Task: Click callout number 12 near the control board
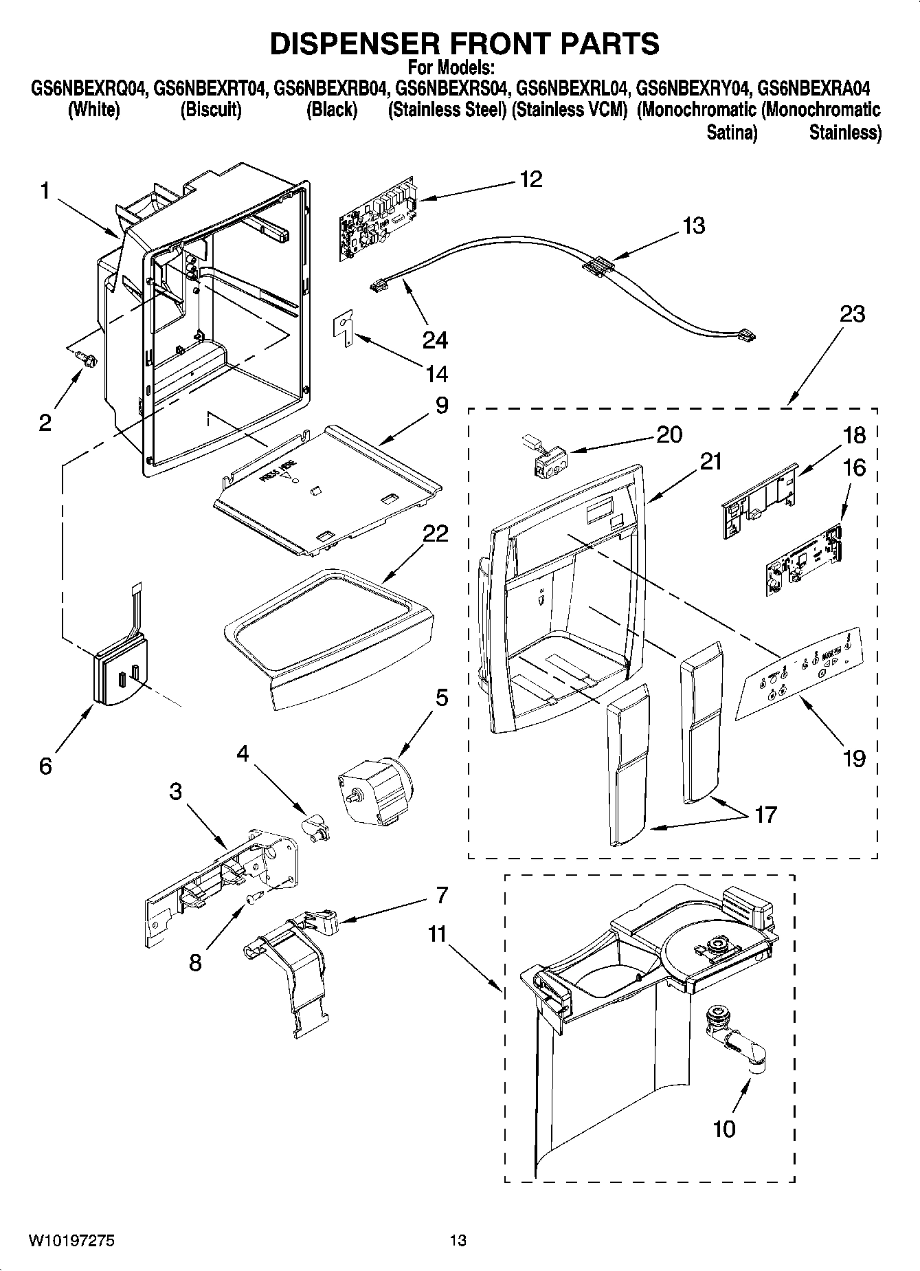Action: [x=531, y=179]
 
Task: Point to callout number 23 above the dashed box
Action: [x=852, y=314]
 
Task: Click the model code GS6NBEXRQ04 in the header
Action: [x=89, y=89]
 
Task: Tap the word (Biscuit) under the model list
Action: [x=210, y=110]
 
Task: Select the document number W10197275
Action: [x=71, y=1240]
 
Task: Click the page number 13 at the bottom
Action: [x=458, y=1240]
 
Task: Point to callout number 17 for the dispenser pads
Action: [x=765, y=815]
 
